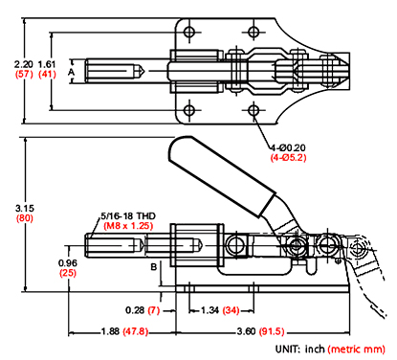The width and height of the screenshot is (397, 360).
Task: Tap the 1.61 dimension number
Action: (x=47, y=63)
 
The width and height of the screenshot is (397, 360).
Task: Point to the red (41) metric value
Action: (x=47, y=75)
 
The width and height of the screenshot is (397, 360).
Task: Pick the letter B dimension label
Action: (x=153, y=268)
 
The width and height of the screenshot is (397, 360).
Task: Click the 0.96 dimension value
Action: (x=68, y=262)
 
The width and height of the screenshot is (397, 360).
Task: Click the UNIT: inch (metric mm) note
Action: (x=325, y=350)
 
